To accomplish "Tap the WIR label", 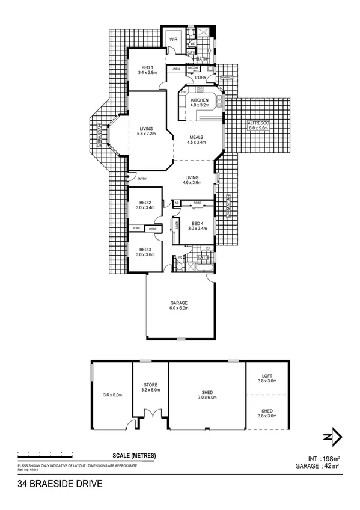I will (174, 39).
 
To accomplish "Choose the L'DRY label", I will (201, 78).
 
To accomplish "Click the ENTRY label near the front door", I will (142, 179).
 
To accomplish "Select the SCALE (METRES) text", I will (134, 455).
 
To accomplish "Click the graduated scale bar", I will (45, 452).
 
